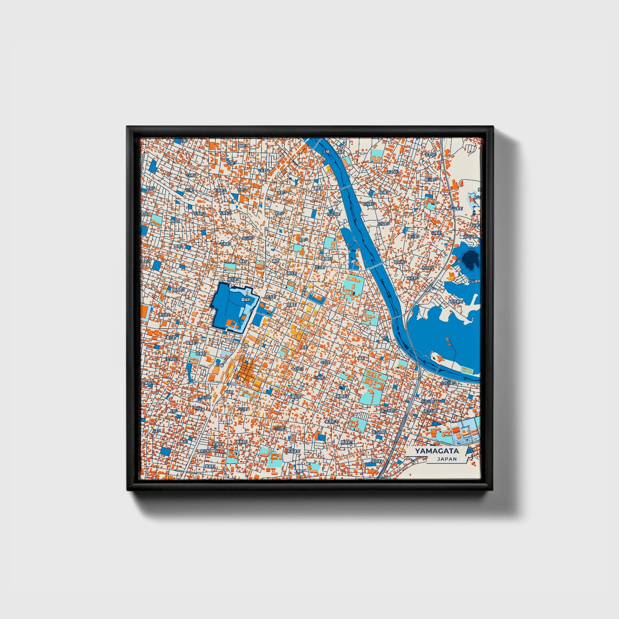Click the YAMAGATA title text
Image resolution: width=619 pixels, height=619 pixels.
click(x=437, y=451)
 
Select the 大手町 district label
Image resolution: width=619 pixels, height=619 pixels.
click(x=269, y=296)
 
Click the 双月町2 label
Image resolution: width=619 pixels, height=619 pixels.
click(x=400, y=262)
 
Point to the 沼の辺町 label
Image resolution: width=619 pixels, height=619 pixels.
click(x=470, y=236)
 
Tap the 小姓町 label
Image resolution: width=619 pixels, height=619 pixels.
click(x=319, y=377)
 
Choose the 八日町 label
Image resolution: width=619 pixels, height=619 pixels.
click(x=242, y=409)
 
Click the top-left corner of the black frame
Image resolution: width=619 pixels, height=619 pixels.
click(x=128, y=127)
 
